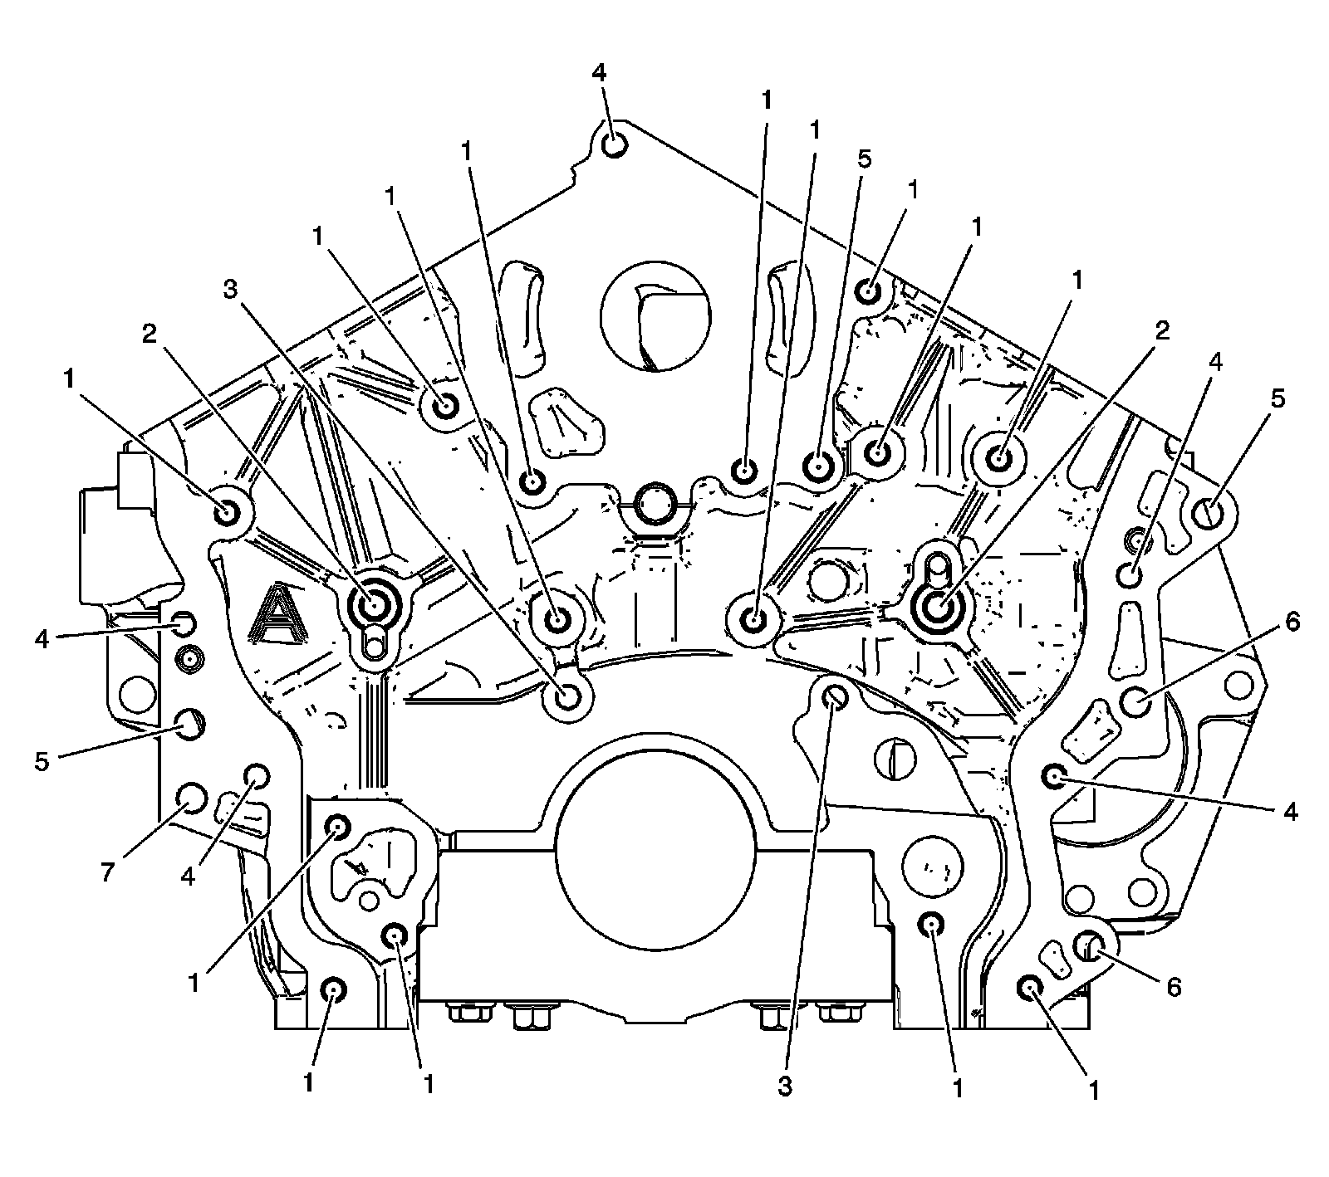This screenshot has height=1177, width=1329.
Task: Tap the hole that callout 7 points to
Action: [190, 798]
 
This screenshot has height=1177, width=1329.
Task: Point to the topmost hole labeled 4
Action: [613, 146]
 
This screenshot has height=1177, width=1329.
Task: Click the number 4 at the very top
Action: [601, 72]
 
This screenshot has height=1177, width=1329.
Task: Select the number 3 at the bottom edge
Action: [785, 1087]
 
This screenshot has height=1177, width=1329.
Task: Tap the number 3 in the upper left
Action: [231, 290]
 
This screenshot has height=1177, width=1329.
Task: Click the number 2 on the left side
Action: [150, 334]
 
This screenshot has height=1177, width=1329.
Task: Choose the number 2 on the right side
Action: [1161, 331]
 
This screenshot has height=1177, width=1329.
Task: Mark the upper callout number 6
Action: [1292, 622]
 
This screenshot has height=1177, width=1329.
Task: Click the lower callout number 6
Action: [1174, 987]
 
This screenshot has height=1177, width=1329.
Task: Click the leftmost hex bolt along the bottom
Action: [459, 1013]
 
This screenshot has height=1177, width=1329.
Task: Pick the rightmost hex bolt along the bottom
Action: [834, 1013]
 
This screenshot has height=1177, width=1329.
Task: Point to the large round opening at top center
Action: [655, 317]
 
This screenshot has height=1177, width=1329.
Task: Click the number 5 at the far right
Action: [1277, 398]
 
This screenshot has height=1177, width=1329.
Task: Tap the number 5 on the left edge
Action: [42, 761]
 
